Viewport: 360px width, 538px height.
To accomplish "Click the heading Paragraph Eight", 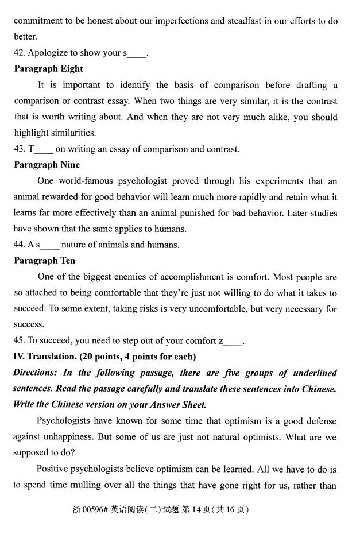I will pyautogui.click(x=49, y=69).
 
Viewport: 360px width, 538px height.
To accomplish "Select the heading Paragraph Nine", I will pyautogui.click(x=47, y=165).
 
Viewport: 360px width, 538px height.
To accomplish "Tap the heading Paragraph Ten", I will pyautogui.click(x=44, y=261).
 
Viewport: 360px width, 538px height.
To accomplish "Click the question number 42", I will pyautogui.click(x=19, y=53).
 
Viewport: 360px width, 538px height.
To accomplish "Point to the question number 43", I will pyautogui.click(x=19, y=149).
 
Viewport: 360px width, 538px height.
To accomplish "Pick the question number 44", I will pyautogui.click(x=19, y=245).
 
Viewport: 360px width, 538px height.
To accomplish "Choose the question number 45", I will pyautogui.click(x=19, y=341).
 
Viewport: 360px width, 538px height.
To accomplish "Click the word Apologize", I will pyautogui.click(x=49, y=53).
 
